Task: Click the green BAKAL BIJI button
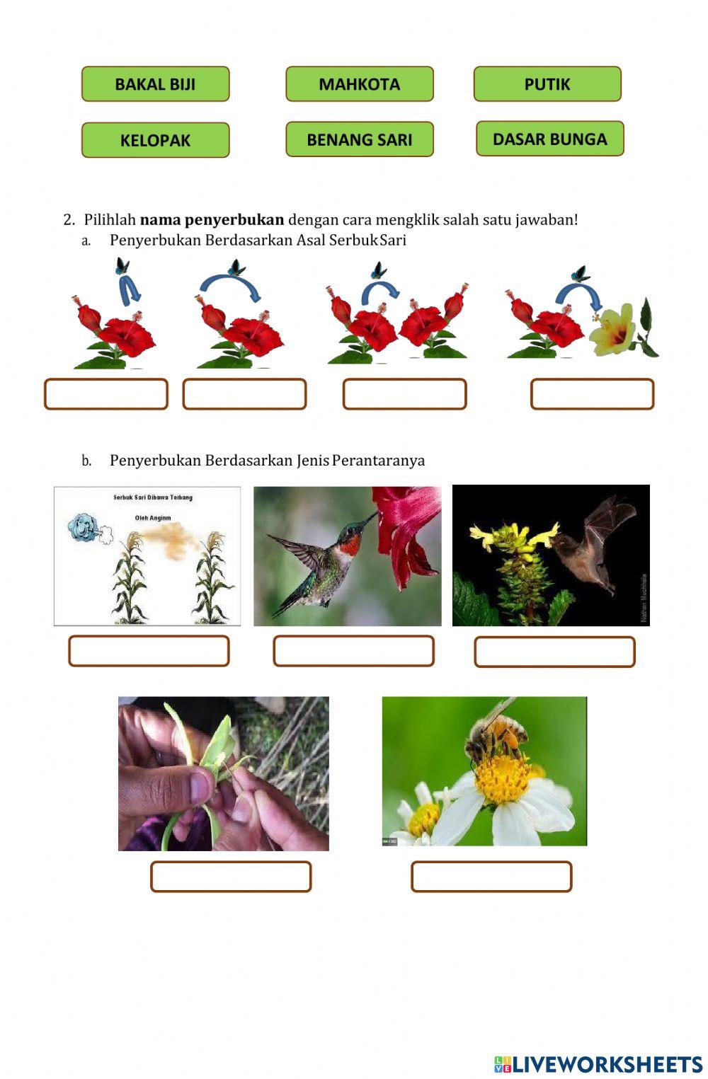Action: [155, 84]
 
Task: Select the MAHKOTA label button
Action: [359, 84]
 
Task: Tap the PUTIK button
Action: [547, 84]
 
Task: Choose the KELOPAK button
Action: [155, 140]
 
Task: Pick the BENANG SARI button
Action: [359, 139]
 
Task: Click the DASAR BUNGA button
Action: [549, 139]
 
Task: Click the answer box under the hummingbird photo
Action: [353, 651]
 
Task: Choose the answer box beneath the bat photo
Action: [554, 652]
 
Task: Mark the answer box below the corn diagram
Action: [149, 651]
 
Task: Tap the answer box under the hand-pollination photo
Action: [231, 877]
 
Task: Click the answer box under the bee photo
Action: [491, 877]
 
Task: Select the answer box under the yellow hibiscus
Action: [592, 394]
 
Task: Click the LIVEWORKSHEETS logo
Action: [598, 1064]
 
